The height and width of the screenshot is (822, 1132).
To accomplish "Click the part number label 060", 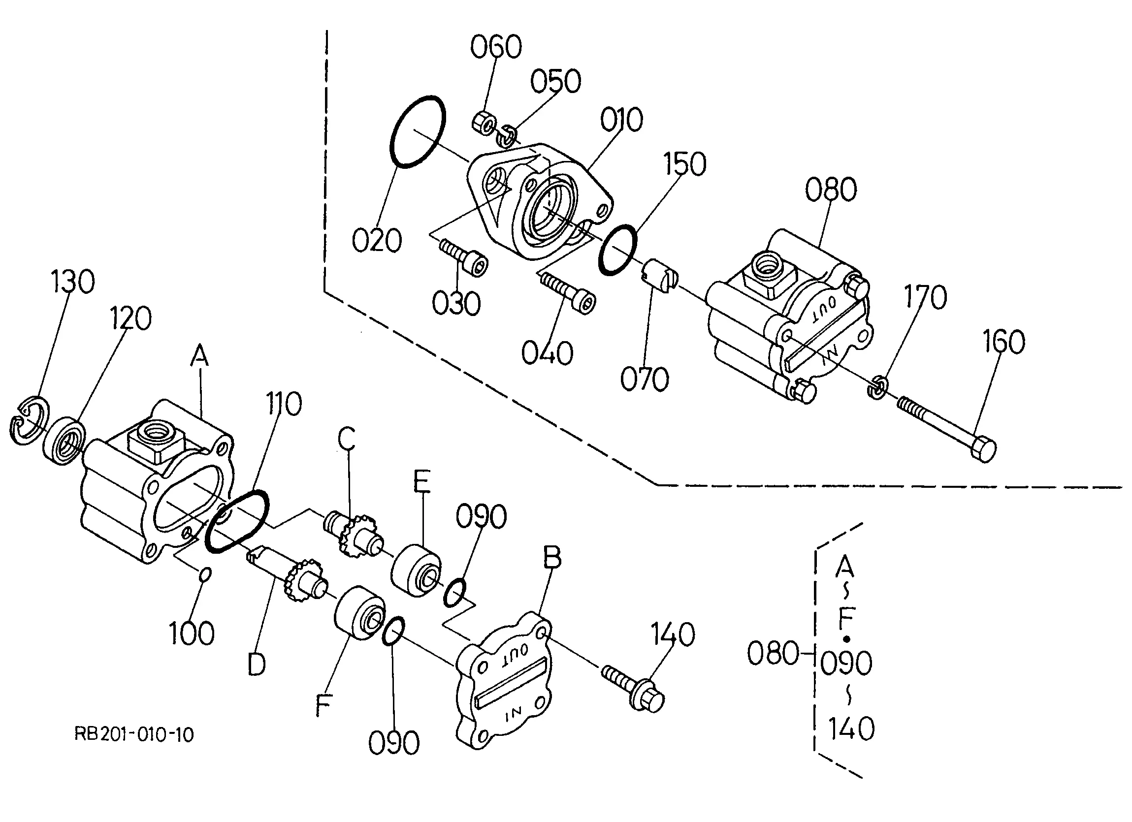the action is click(x=496, y=46).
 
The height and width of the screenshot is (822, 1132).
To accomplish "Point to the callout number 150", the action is click(x=684, y=164).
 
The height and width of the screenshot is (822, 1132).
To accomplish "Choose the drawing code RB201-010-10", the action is click(x=134, y=735).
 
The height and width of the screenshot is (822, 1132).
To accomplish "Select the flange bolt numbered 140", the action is click(x=633, y=687).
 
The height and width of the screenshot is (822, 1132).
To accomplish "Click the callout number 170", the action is click(x=925, y=297).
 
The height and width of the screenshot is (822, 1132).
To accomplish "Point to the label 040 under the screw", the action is click(x=547, y=353).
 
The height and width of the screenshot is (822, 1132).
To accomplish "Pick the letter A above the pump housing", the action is click(x=199, y=356).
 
